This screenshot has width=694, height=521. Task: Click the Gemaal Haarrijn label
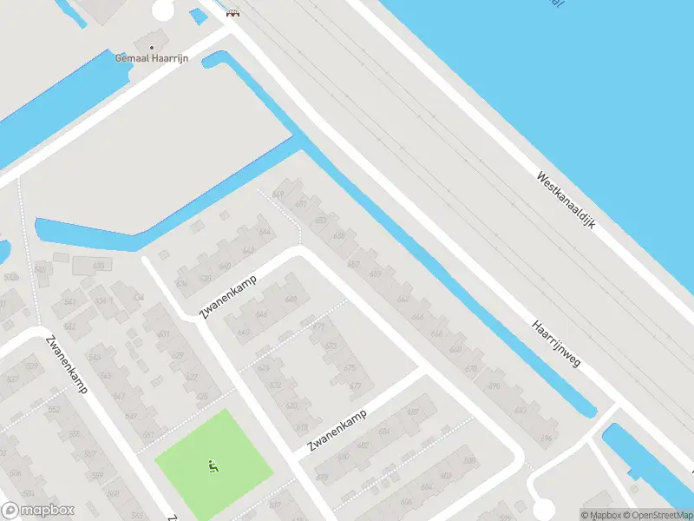click(x=153, y=58)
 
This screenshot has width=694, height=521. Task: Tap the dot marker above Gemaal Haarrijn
click(x=153, y=47)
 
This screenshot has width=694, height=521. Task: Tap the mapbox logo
click(x=37, y=511)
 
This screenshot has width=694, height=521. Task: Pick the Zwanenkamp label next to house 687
click(x=337, y=432)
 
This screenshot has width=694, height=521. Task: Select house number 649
click(x=278, y=193)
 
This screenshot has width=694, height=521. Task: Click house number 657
click(x=353, y=264)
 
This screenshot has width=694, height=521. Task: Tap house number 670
click(x=471, y=368)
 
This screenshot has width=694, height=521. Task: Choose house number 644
click(x=264, y=233)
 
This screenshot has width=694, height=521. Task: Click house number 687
click(x=413, y=412)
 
